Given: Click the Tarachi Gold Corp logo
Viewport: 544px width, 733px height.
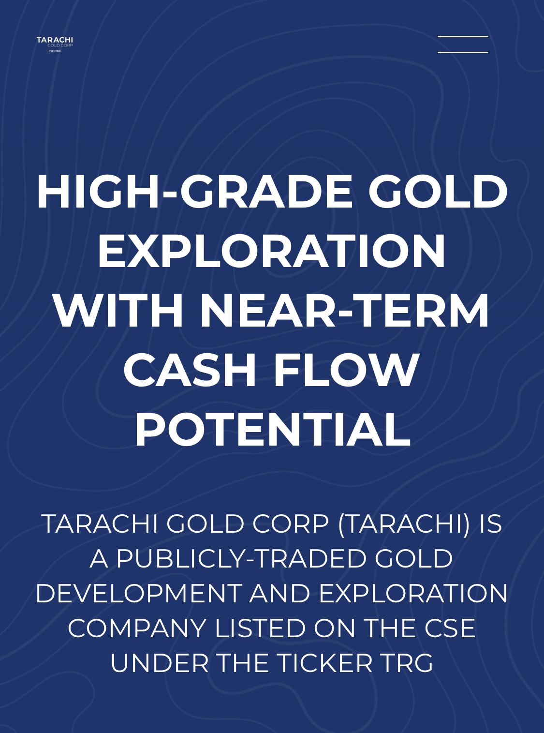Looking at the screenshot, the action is [55, 45].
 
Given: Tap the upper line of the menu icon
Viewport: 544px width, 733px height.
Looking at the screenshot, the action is [463, 36].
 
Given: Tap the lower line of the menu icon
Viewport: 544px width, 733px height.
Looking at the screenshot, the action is [463, 52].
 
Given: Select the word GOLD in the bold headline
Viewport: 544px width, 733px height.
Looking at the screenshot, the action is [438, 192].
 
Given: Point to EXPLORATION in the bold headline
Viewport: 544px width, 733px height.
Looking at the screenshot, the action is [271, 251].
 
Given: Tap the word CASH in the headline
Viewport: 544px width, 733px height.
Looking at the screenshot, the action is [190, 369].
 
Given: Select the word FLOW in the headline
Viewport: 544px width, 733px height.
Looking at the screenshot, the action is [345, 369].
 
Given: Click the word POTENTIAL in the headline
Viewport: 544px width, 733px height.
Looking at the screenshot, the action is [272, 429].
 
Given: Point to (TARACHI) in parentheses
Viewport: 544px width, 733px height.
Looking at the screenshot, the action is [404, 524].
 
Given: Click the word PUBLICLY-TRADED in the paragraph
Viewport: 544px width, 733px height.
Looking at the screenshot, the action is [241, 559].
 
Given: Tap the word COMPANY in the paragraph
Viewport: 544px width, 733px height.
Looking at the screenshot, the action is [137, 628].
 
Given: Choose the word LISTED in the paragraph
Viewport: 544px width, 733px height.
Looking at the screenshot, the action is [261, 628].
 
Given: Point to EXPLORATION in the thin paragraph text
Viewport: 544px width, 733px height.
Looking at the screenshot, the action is [413, 594].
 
